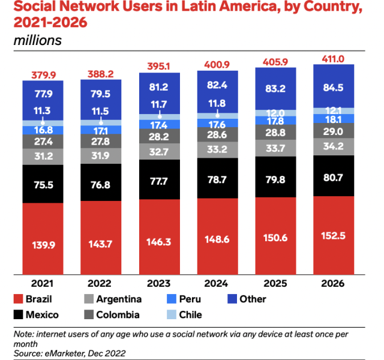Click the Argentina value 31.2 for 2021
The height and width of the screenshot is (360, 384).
[x=43, y=156]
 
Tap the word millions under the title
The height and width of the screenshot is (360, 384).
[x=37, y=41]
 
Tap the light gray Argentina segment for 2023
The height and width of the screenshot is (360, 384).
[x=160, y=152]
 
